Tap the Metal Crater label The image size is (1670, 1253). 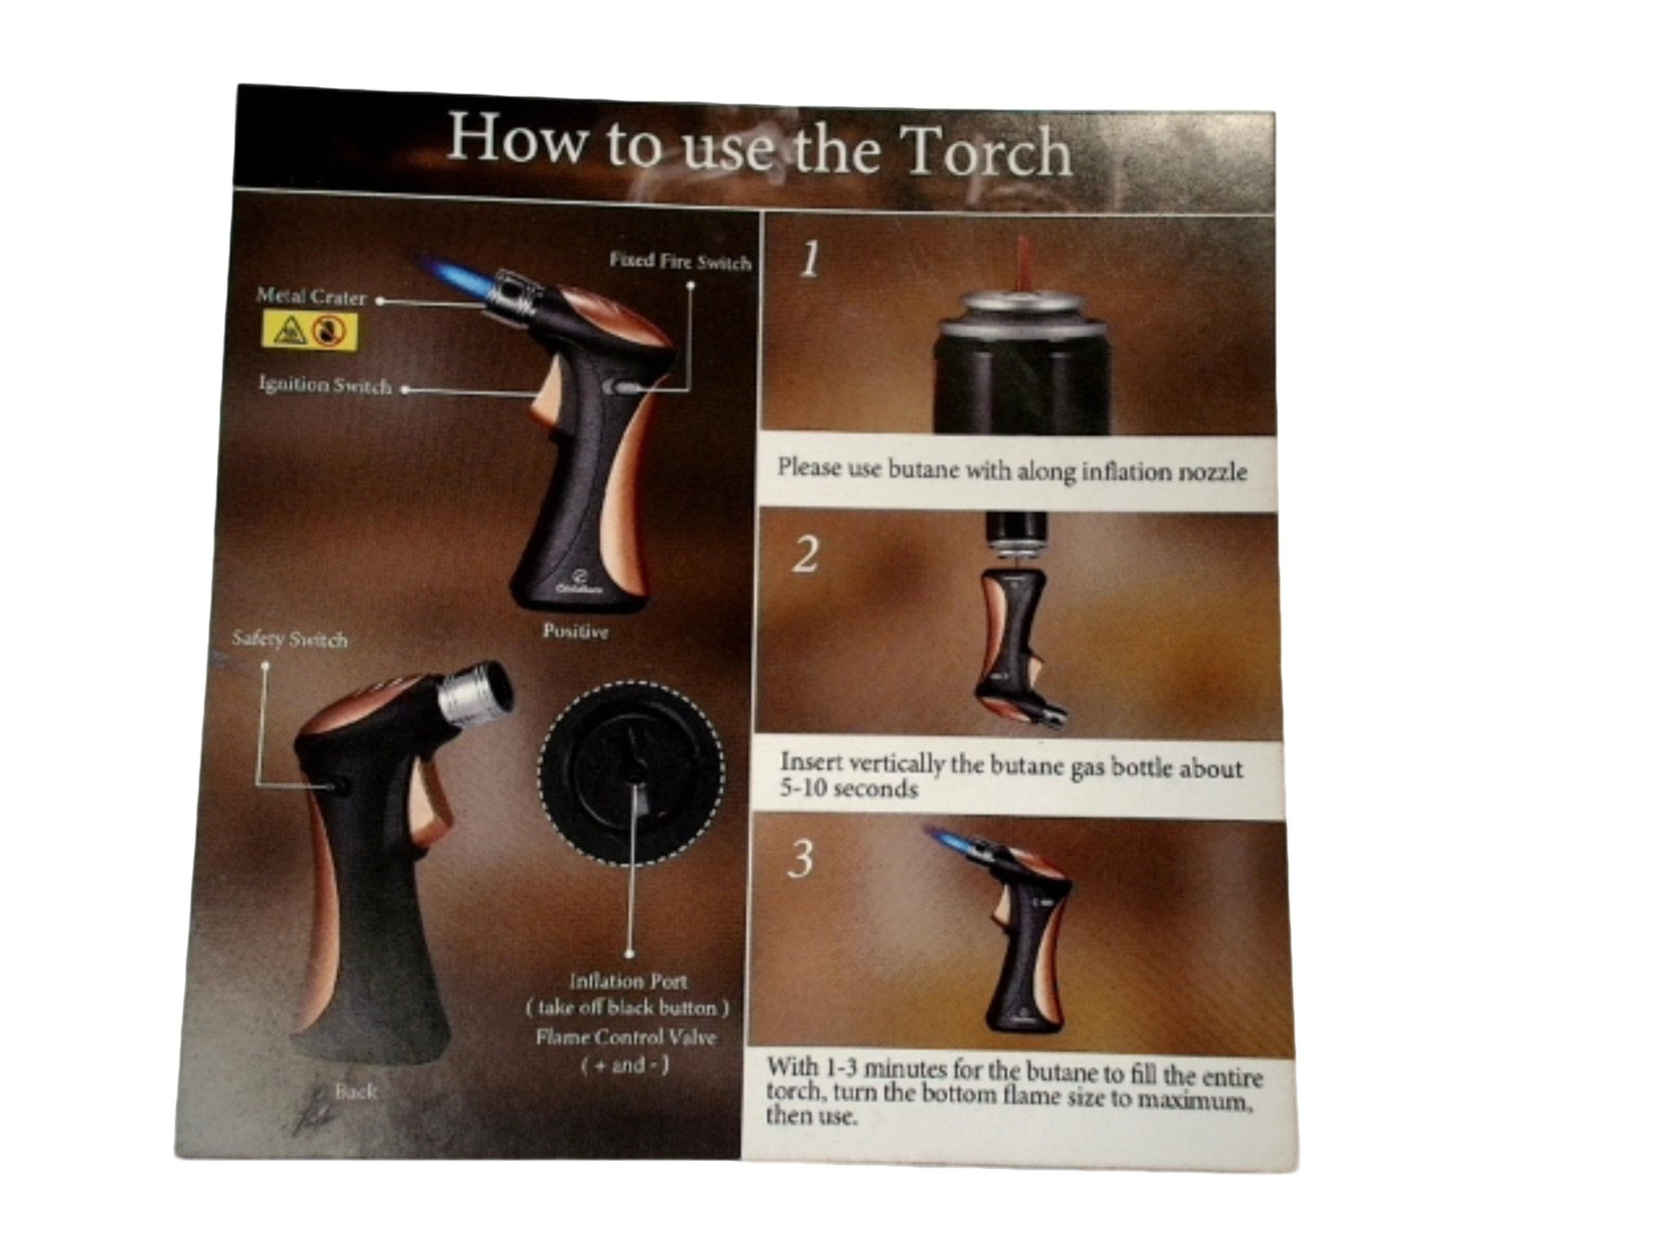[x=311, y=297]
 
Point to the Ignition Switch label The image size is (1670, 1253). [x=325, y=384]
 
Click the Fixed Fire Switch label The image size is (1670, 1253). [x=679, y=261]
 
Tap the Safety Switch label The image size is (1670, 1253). [x=289, y=640]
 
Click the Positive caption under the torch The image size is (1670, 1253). [x=576, y=631]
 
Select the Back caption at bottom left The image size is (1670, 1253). [x=355, y=1091]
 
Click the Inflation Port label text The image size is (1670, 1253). [x=628, y=981]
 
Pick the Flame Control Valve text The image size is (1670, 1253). [x=626, y=1038]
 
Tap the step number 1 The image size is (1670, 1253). [x=808, y=260]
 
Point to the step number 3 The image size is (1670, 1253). [x=802, y=859]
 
